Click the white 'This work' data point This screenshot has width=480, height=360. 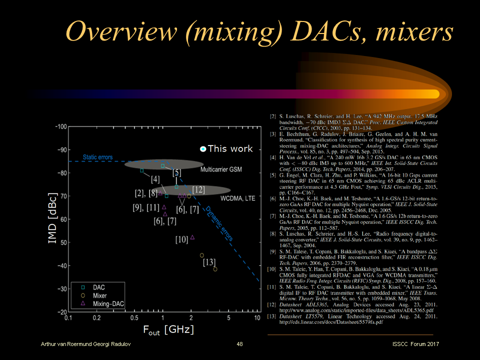pyautogui.click(x=203, y=149)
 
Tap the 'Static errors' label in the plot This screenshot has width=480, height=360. pyautogui.click(x=97, y=157)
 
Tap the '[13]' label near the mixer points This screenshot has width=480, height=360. pyautogui.click(x=209, y=262)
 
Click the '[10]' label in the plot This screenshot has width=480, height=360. pyautogui.click(x=181, y=240)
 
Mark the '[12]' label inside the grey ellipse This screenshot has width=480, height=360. pyautogui.click(x=198, y=189)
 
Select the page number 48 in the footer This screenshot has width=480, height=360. pyautogui.click(x=239, y=344)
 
